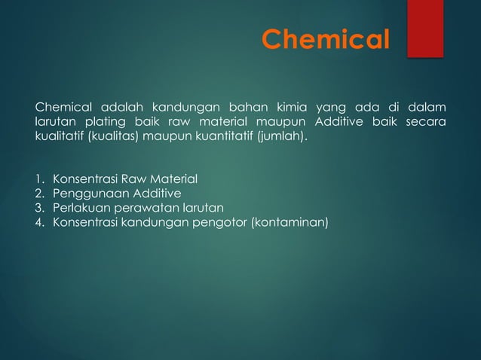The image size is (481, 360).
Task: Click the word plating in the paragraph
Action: pos(107,121)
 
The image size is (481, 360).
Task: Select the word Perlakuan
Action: pos(76,208)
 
